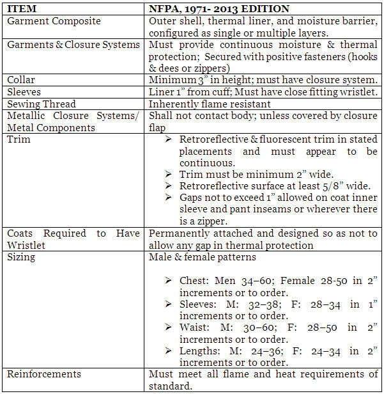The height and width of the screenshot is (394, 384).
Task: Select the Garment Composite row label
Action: tap(54, 21)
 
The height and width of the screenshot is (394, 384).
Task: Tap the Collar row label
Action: tap(22, 80)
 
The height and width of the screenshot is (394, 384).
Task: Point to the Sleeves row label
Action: tap(24, 91)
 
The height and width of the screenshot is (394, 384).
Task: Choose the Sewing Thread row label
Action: tap(42, 104)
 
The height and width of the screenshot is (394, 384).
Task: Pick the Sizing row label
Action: tap(22, 256)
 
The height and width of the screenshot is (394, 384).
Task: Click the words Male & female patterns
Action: tap(202, 256)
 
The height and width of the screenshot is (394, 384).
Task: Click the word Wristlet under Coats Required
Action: tap(26, 245)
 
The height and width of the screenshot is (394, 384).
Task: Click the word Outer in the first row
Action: tap(162, 21)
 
